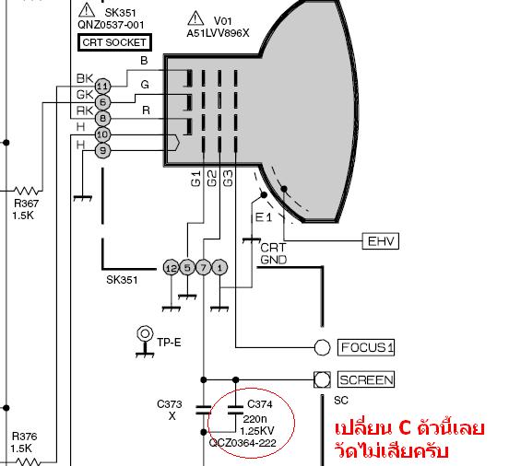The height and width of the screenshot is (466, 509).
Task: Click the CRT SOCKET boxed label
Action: pyautogui.click(x=114, y=42)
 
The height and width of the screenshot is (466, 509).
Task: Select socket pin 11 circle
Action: pyautogui.click(x=102, y=87)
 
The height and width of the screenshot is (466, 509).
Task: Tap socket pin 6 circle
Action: pyautogui.click(x=102, y=102)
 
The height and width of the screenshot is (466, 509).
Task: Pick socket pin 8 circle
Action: pyautogui.click(x=102, y=119)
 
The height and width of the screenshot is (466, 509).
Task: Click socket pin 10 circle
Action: pyautogui.click(x=102, y=134)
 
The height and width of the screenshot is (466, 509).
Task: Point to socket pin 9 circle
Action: pyautogui.click(x=102, y=150)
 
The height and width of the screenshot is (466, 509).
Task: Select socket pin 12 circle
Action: pyautogui.click(x=172, y=268)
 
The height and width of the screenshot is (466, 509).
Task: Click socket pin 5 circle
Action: pyautogui.click(x=187, y=268)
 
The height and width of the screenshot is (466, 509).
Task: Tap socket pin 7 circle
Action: pyautogui.click(x=204, y=268)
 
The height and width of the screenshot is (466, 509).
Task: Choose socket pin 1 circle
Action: pyautogui.click(x=219, y=268)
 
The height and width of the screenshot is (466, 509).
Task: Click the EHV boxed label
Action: pyautogui.click(x=381, y=241)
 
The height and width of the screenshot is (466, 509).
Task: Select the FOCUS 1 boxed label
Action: pyautogui.click(x=366, y=347)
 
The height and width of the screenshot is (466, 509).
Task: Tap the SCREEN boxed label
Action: pyautogui.click(x=366, y=379)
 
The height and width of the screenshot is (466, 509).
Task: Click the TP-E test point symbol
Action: pyautogui.click(x=145, y=342)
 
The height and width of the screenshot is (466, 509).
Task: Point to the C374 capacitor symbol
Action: pyautogui.click(x=236, y=410)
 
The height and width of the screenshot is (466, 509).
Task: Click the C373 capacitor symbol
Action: pyautogui.click(x=204, y=410)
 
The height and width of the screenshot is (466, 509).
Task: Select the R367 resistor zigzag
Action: pyautogui.click(x=27, y=191)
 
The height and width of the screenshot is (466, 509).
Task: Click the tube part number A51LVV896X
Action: pyautogui.click(x=218, y=33)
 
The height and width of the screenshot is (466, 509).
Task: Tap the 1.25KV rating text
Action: pyautogui.click(x=257, y=431)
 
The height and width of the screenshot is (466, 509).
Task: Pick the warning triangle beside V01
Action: pyautogui.click(x=195, y=19)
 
